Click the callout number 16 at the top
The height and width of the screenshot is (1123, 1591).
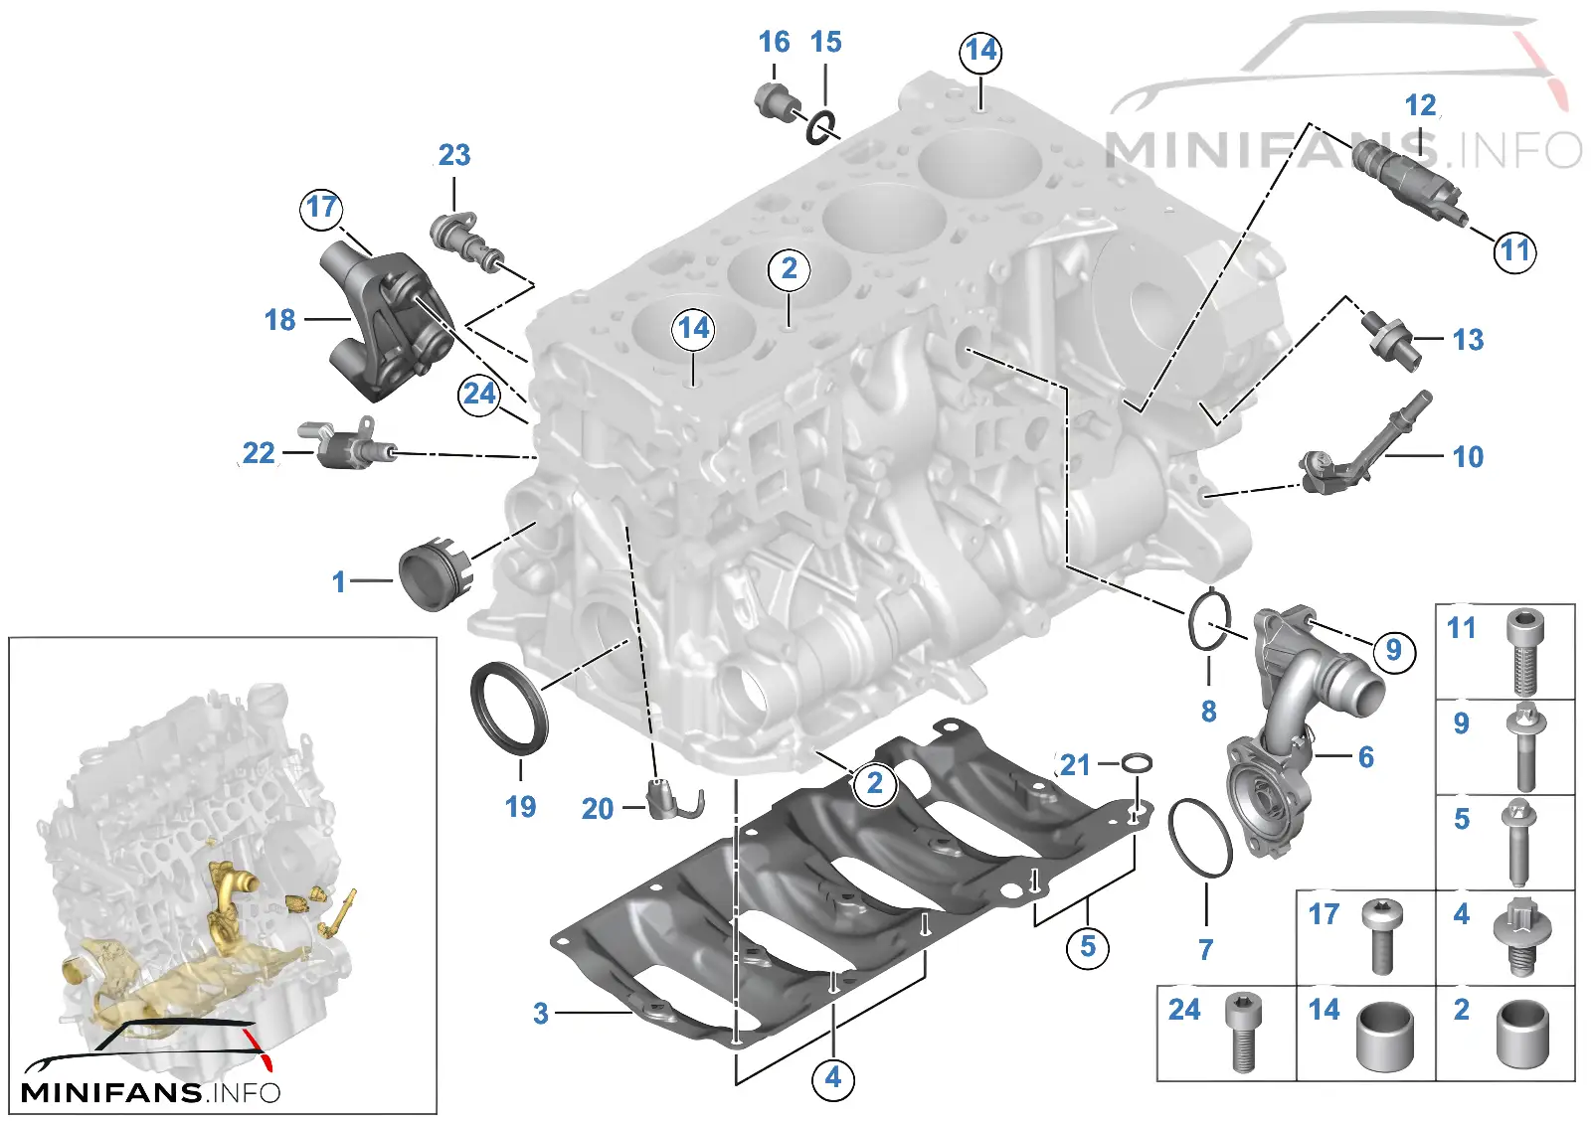[x=774, y=42]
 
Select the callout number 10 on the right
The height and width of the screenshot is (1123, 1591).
[x=1468, y=456]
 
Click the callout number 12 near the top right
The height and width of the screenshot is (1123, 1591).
[x=1420, y=105]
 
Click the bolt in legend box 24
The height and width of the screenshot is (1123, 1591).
[x=1244, y=1033]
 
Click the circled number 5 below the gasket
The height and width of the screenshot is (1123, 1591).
[x=1088, y=946]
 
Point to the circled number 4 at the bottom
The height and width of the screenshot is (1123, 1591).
[x=833, y=1078]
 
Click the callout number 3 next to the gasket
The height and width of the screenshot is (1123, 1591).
[x=541, y=1013]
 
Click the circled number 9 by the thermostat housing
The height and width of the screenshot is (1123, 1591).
[x=1393, y=650]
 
